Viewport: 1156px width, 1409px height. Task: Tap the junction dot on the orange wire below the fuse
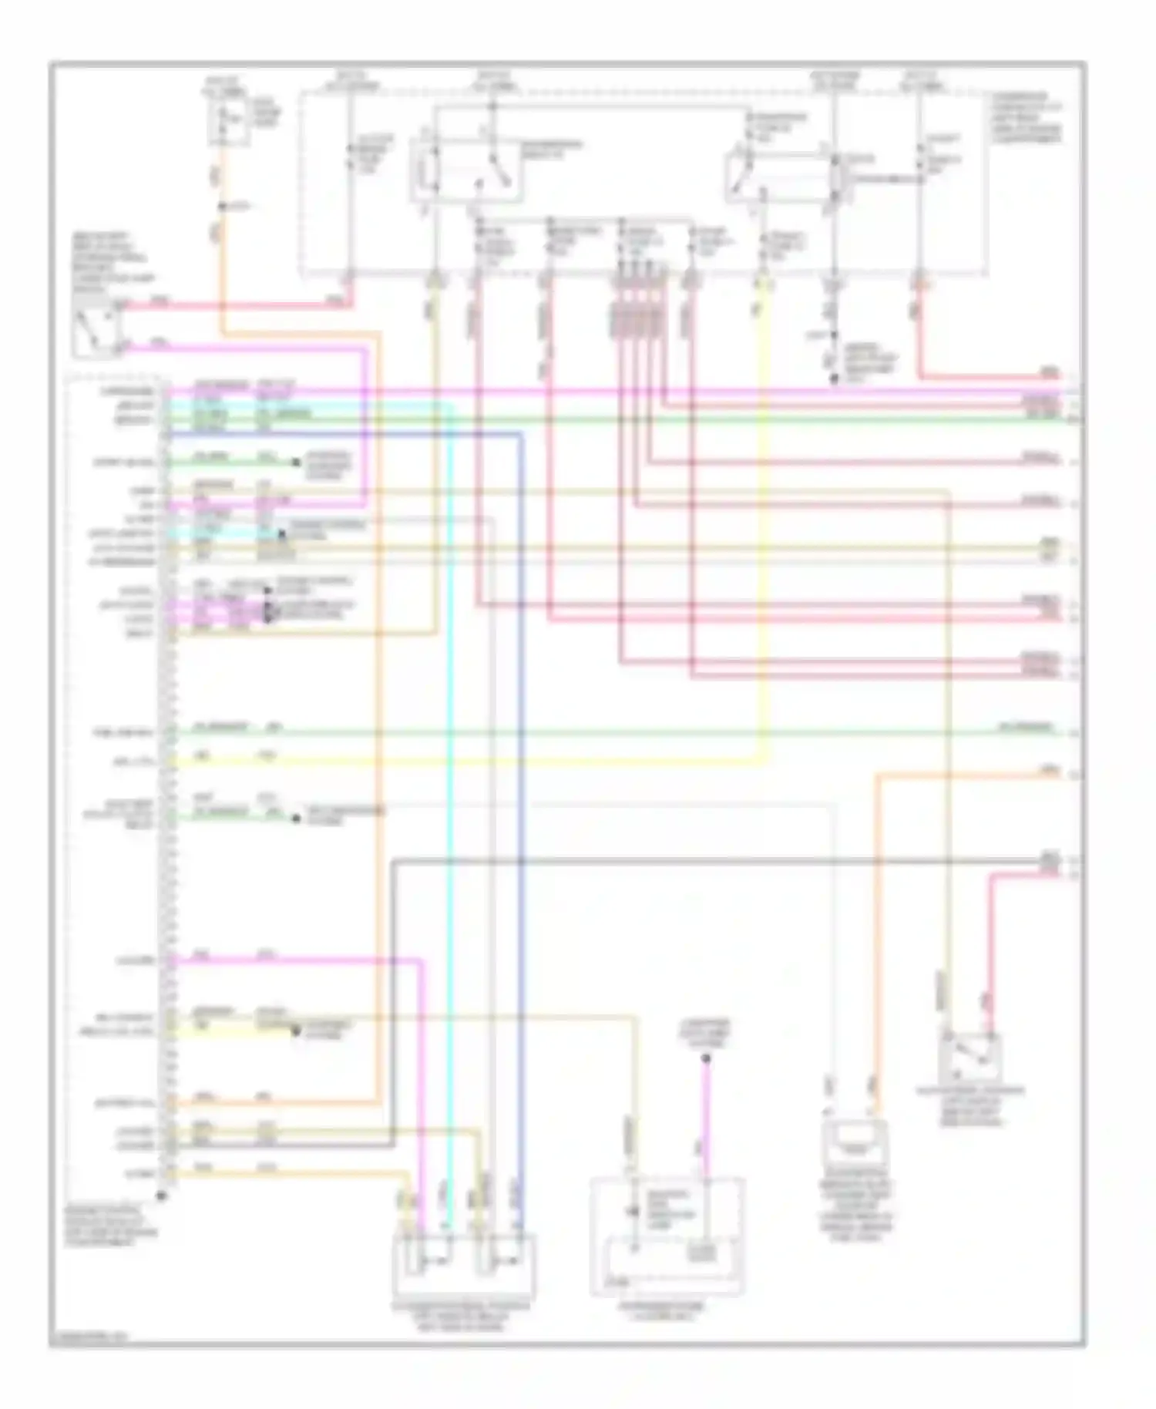click(x=221, y=207)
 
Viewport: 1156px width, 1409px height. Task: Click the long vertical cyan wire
click(x=450, y=771)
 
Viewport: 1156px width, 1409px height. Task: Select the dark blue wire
click(x=521, y=771)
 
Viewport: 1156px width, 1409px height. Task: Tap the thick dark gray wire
click(x=694, y=860)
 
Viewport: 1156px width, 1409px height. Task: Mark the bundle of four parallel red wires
click(x=636, y=308)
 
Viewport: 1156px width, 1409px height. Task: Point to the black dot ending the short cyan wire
click(x=282, y=533)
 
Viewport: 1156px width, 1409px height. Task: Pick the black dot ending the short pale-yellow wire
click(x=296, y=1031)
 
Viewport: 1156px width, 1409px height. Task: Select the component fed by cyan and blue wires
click(x=464, y=1264)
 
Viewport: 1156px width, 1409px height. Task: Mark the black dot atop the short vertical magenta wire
click(x=705, y=1059)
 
